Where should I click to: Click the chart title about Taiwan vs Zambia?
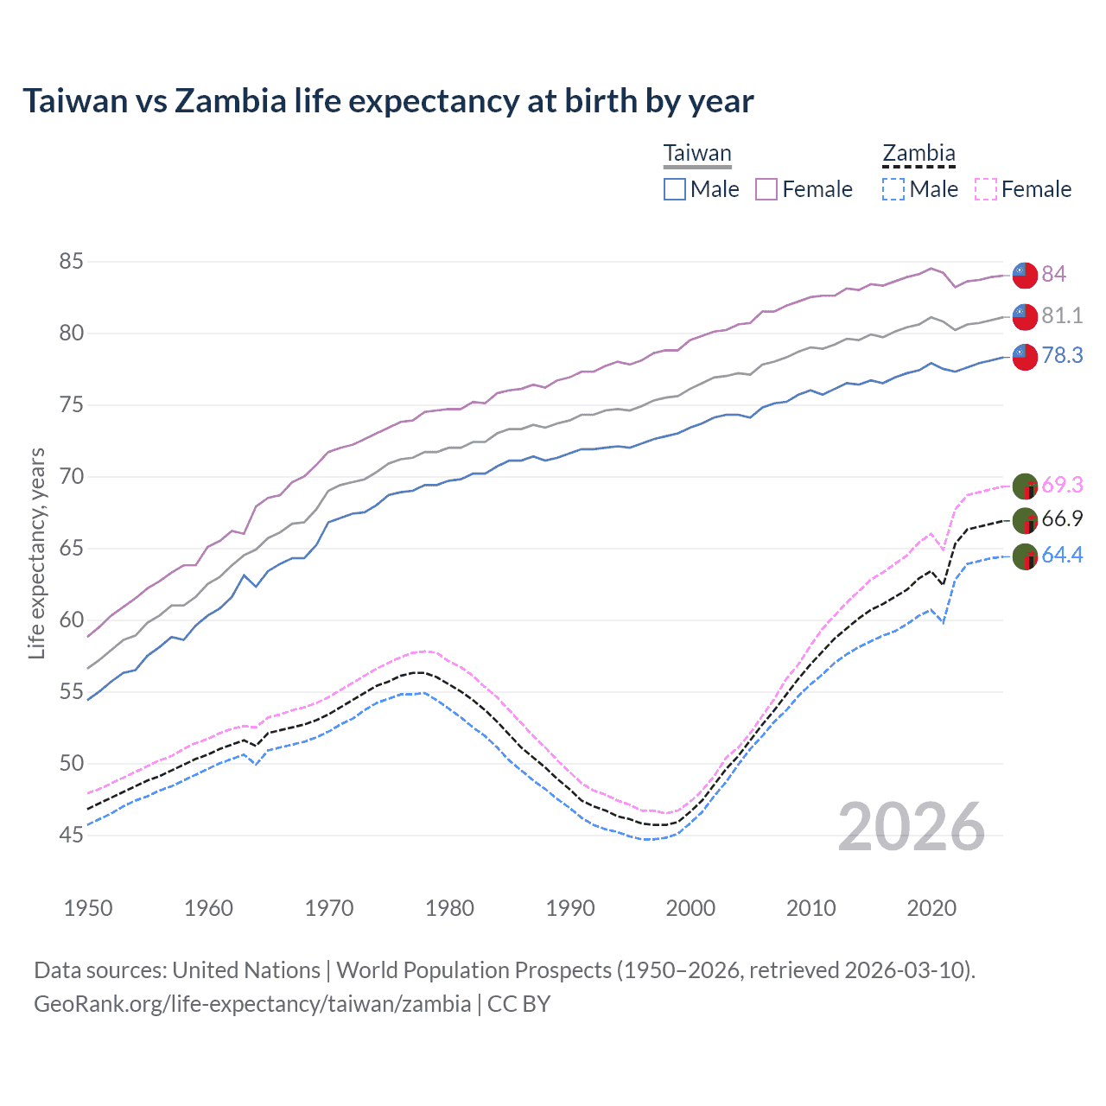[x=388, y=101]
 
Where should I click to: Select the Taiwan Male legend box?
[x=675, y=189]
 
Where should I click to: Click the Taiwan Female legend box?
[x=766, y=189]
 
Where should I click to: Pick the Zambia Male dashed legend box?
[x=893, y=189]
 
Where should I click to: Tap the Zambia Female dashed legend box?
[x=985, y=189]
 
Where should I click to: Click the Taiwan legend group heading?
[x=697, y=154]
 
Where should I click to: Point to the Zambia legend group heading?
[x=918, y=154]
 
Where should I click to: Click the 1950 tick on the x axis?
[x=88, y=908]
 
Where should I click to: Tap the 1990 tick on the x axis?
[x=570, y=908]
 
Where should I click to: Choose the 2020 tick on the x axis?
[x=931, y=908]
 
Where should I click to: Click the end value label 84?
[x=1053, y=274]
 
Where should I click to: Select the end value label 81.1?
[x=1062, y=315]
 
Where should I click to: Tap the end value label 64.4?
[x=1062, y=555]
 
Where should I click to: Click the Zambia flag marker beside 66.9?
[x=1025, y=521]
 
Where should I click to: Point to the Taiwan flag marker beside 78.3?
[x=1025, y=356]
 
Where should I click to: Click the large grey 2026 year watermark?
[x=912, y=827]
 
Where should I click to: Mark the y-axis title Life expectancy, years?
[x=37, y=553]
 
